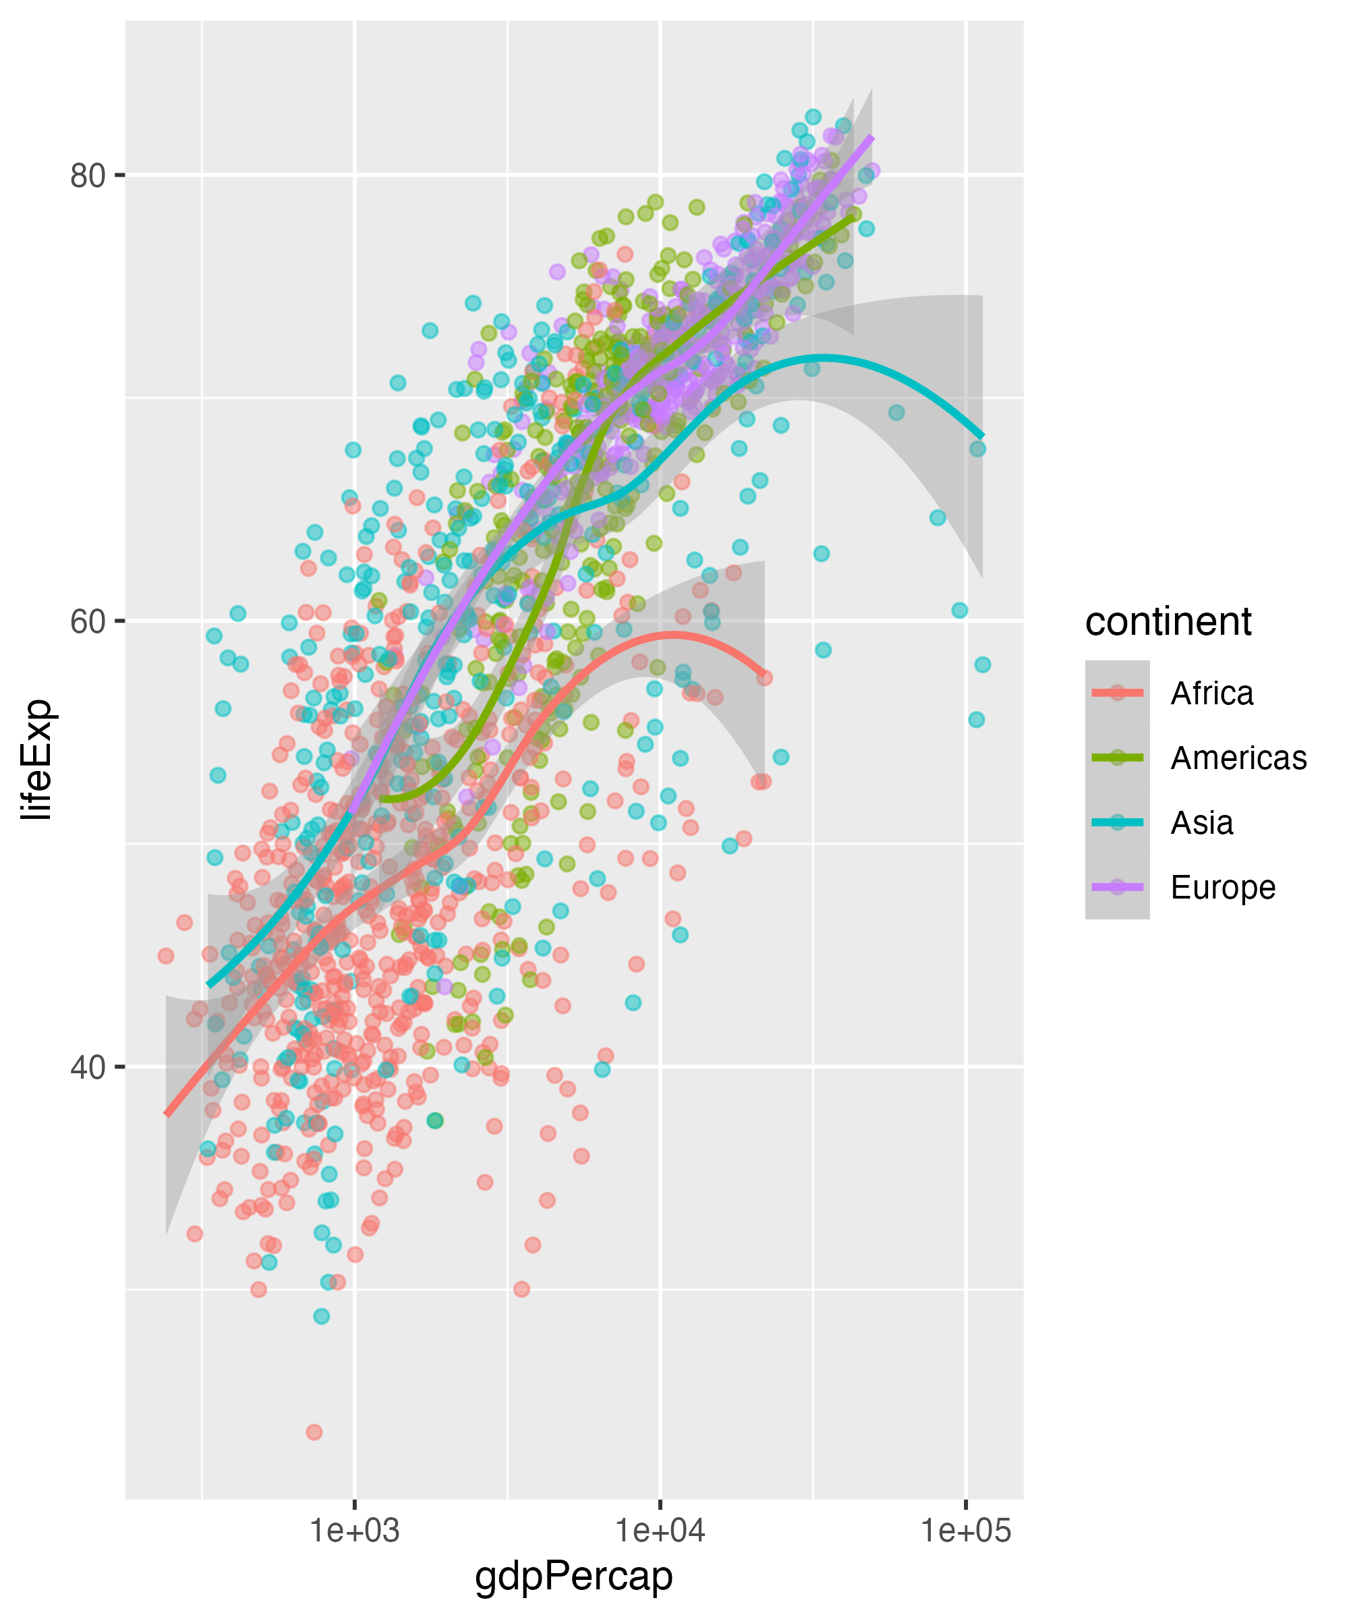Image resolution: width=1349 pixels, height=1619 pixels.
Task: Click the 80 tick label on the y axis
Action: click(87, 176)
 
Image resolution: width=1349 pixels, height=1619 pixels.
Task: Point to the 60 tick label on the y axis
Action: click(87, 621)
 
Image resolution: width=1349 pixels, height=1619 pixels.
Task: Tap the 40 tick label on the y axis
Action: click(87, 1068)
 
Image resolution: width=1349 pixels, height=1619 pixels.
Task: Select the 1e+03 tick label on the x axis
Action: click(355, 1531)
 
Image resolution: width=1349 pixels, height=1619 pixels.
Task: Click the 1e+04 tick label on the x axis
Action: click(660, 1531)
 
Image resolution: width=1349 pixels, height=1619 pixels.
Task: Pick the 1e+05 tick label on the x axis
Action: click(965, 1531)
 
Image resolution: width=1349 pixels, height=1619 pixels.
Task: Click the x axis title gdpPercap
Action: click(573, 1577)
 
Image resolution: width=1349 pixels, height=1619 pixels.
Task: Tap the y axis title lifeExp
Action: click(37, 760)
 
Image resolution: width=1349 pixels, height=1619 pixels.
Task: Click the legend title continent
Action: click(1168, 621)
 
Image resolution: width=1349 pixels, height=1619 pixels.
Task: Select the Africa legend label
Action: click(1212, 693)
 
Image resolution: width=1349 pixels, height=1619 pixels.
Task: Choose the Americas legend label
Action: click(1238, 758)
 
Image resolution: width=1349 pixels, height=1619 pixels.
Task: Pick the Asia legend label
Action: click(1202, 822)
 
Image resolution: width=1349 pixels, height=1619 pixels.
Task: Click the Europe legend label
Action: click(1223, 887)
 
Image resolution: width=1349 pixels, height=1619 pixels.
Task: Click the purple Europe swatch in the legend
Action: click(1117, 887)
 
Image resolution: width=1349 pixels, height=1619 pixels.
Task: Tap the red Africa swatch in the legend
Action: click(1117, 693)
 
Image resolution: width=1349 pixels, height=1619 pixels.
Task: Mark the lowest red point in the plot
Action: click(314, 1432)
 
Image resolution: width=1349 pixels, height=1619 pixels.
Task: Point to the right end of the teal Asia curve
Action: click(982, 437)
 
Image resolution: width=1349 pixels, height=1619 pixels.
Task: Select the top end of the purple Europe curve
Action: click(872, 137)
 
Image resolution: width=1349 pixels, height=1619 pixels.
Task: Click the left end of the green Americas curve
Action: click(382, 798)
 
